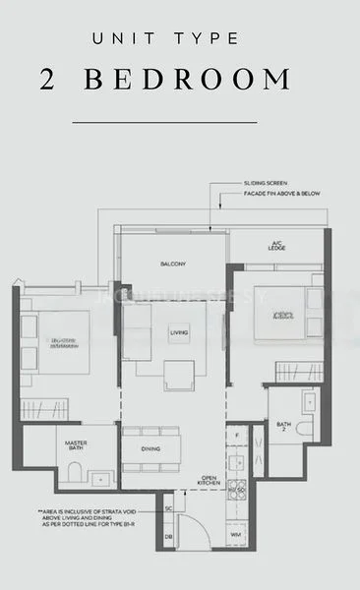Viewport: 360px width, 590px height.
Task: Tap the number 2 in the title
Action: (x=49, y=81)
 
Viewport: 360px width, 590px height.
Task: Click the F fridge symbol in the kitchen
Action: (x=238, y=433)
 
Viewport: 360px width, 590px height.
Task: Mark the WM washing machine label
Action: (x=236, y=536)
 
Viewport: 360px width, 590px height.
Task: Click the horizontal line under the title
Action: (x=164, y=122)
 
